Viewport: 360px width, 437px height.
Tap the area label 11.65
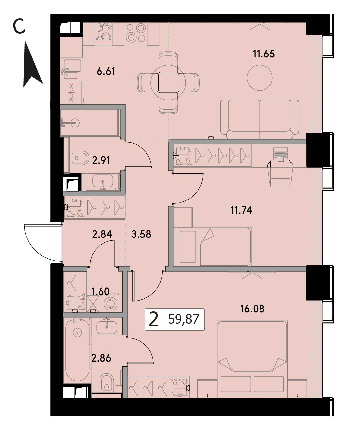pos(263,54)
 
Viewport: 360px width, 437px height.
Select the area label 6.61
pos(106,71)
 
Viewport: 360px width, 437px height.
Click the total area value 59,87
pos(183,319)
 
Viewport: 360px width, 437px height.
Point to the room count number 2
pos(154,319)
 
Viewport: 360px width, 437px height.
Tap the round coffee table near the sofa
pos(260,78)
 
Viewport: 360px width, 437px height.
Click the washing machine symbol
pos(110,303)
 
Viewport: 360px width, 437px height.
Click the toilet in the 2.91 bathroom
pos(80,158)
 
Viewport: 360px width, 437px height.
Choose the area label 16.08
pos(252,309)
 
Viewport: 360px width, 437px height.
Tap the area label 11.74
pos(241,210)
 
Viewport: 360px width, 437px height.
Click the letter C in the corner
pos(19,26)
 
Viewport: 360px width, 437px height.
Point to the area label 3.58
pos(141,234)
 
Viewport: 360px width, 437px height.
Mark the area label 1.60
pos(100,292)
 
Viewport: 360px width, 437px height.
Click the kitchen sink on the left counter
pos(71,69)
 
